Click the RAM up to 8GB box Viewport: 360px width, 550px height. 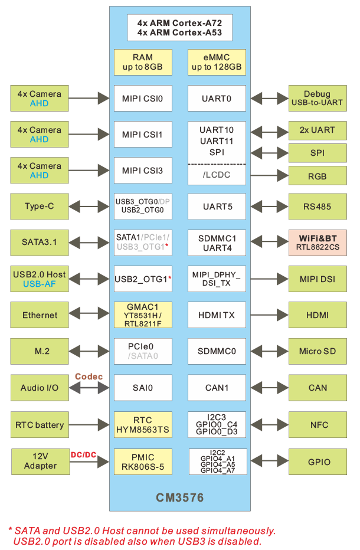pos(143,62)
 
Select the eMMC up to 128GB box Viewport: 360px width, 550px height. pos(217,62)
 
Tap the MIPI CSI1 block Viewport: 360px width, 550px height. pos(143,135)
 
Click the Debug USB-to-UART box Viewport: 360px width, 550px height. pos(318,98)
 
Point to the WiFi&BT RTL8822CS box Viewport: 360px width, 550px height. pos(318,243)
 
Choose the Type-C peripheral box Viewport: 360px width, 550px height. pos(40,207)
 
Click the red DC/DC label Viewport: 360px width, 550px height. pos(84,455)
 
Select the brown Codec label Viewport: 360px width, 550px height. pos(89,377)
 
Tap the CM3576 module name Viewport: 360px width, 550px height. pos(180,497)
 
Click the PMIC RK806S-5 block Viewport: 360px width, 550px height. pos(143,461)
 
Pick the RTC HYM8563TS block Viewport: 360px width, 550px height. pos(143,425)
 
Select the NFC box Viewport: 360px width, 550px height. pos(318,425)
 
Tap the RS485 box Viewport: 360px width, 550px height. pos(318,207)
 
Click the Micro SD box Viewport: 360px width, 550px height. pos(318,352)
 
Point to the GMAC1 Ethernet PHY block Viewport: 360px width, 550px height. pos(143,315)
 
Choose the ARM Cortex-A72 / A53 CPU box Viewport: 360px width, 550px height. pos(179,28)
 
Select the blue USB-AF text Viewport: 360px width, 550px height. pos(40,284)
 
